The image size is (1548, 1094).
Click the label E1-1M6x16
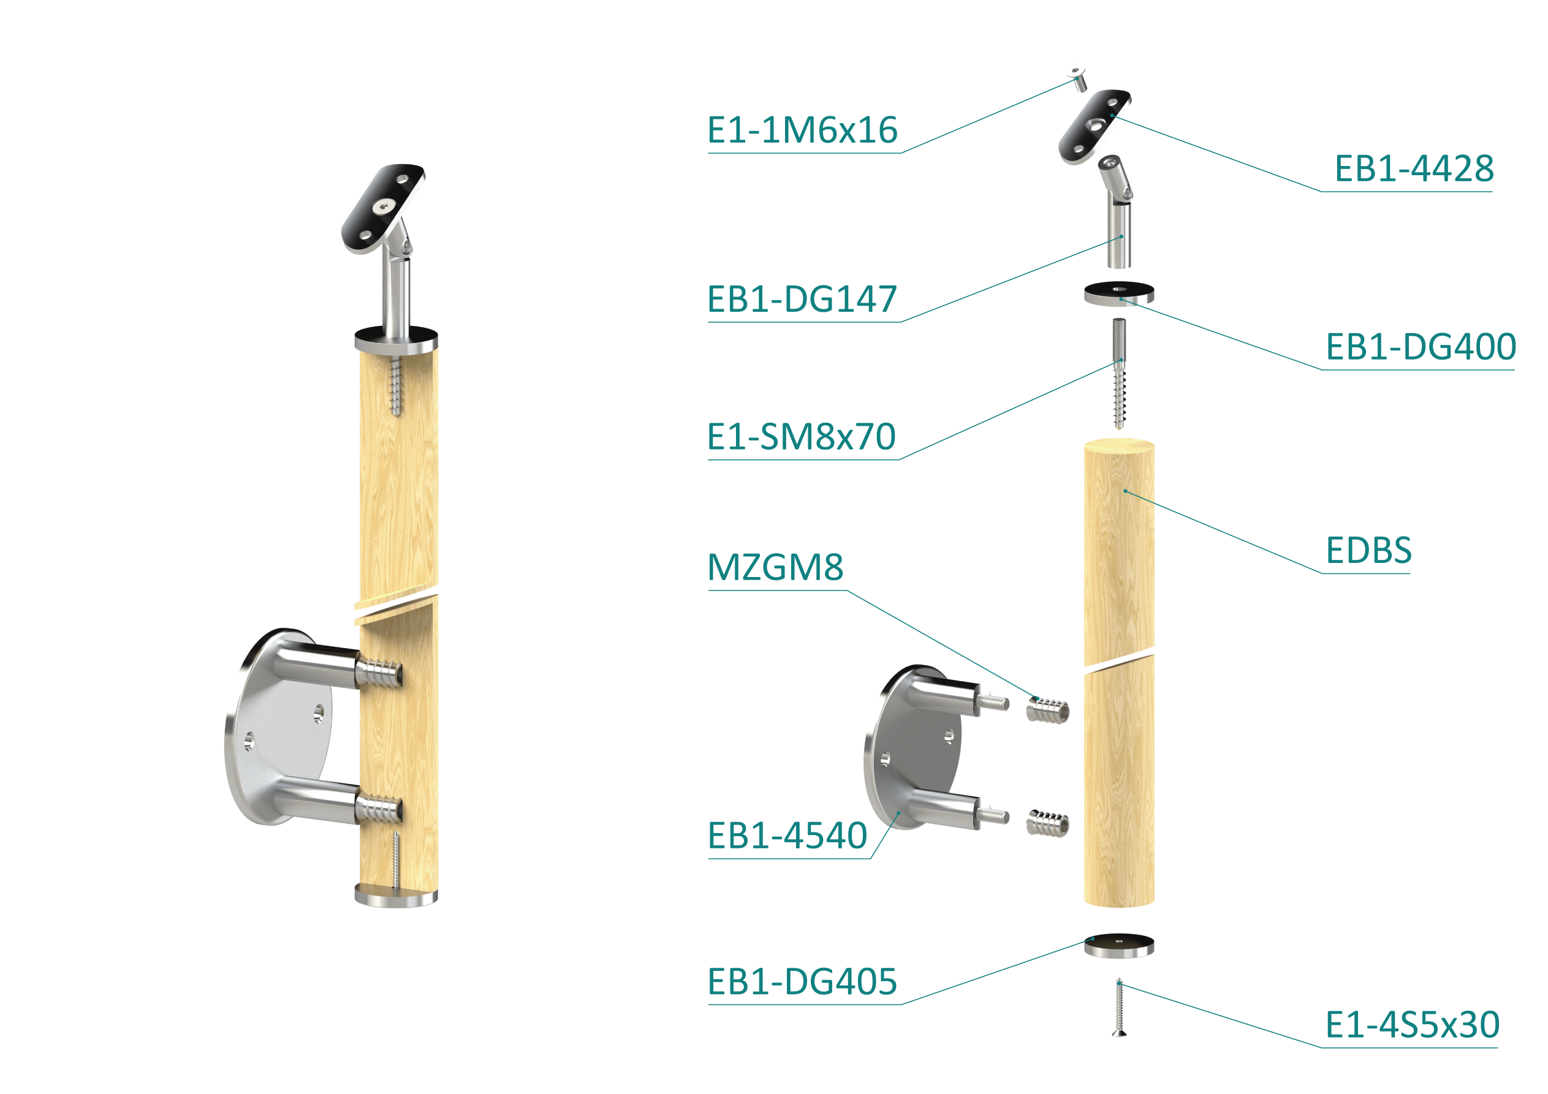[x=802, y=130]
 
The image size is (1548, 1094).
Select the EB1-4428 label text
[x=1414, y=168]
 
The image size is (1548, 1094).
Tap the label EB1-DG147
[x=802, y=300]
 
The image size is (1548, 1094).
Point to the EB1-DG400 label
[x=1421, y=347]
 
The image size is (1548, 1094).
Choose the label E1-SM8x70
[x=802, y=437]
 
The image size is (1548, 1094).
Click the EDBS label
[x=1368, y=551]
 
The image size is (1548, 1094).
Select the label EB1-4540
[x=787, y=836]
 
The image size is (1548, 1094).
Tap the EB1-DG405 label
[x=802, y=982]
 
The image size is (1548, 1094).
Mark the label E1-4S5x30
[x=1413, y=1025]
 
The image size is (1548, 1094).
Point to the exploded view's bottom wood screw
[x=1119, y=1006]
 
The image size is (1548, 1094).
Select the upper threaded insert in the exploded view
[x=1048, y=711]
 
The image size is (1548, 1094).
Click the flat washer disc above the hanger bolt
[x=1119, y=293]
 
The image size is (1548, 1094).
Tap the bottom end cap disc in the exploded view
[x=1119, y=945]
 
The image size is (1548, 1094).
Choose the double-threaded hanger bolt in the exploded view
[x=1119, y=374]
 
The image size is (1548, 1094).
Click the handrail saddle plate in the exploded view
[x=1095, y=127]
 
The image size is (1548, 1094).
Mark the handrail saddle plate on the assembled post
[x=383, y=209]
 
